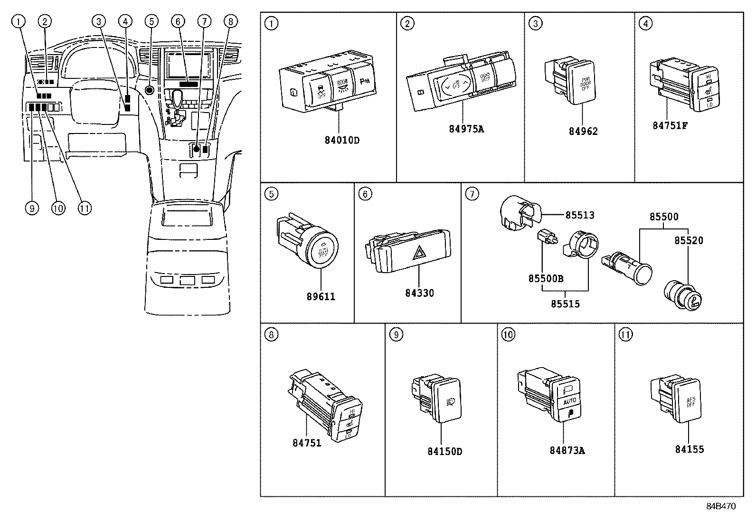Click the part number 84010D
pyautogui.click(x=342, y=141)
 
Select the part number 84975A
pyautogui.click(x=466, y=129)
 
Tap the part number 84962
pyautogui.click(x=583, y=132)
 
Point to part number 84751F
pyautogui.click(x=670, y=125)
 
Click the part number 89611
pyautogui.click(x=321, y=296)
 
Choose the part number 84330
pyautogui.click(x=419, y=293)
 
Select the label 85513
pyautogui.click(x=579, y=215)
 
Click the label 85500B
pyautogui.click(x=546, y=278)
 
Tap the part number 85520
pyautogui.click(x=689, y=240)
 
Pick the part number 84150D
pyautogui.click(x=444, y=451)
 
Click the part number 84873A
pyautogui.click(x=567, y=450)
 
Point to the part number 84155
pyautogui.click(x=690, y=449)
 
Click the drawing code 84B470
pyautogui.click(x=720, y=506)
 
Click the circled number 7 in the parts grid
pyautogui.click(x=472, y=194)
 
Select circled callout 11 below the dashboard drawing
pyautogui.click(x=85, y=208)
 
